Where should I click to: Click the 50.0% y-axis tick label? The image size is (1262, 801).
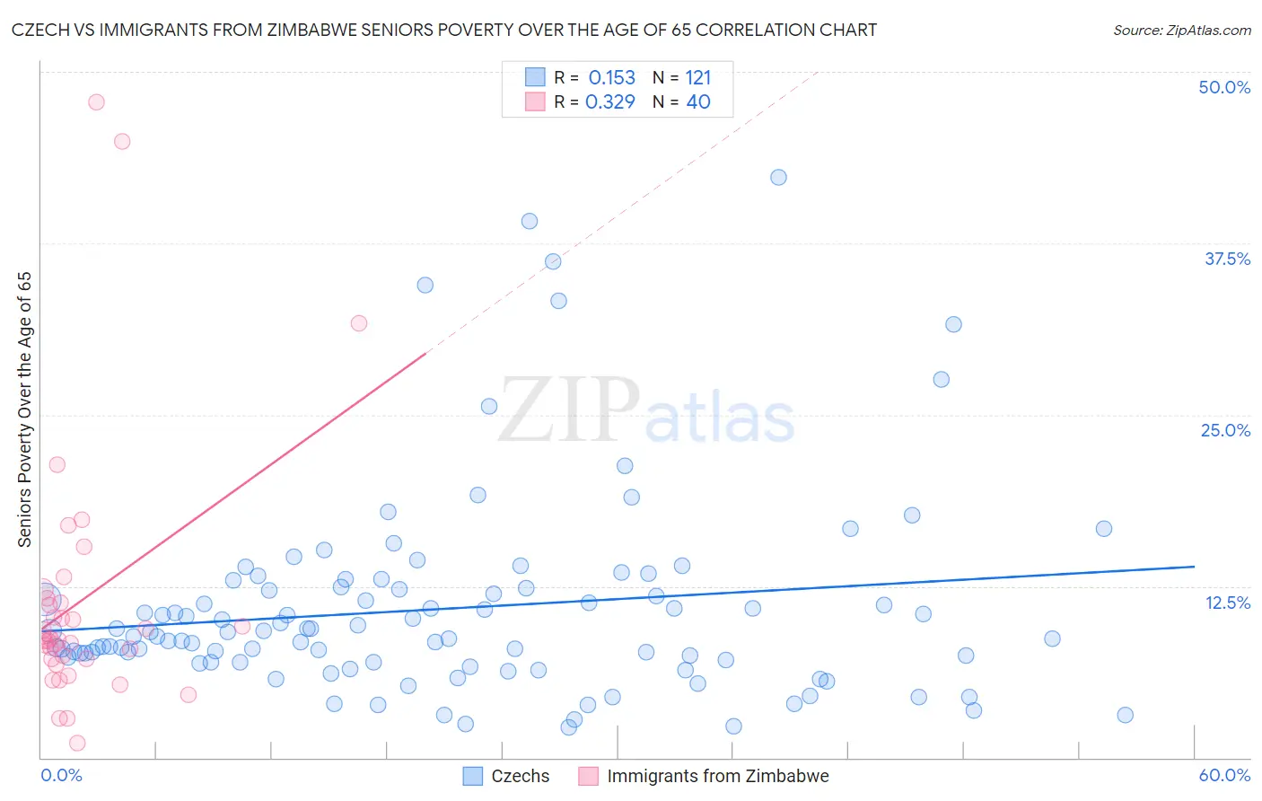tap(1223, 87)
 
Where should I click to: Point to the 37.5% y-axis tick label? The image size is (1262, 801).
tap(1226, 259)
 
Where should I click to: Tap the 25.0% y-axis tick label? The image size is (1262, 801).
tap(1224, 430)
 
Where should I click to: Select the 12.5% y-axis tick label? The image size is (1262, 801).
tap(1227, 603)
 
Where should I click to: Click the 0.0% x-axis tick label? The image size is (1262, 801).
tap(61, 775)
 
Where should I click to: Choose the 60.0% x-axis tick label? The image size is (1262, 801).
tap(1224, 775)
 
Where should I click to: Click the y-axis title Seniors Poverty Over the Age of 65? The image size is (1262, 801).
tap(25, 409)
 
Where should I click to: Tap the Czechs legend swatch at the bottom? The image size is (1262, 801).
tap(473, 776)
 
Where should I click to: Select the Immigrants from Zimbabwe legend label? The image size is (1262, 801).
tap(717, 776)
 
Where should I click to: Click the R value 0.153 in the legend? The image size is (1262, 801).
tap(611, 78)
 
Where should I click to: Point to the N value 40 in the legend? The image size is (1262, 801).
tap(697, 102)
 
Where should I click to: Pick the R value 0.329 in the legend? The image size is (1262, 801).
tap(609, 102)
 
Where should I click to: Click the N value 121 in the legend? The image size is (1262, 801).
tap(697, 78)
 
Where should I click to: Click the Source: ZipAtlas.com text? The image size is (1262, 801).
tap(1181, 31)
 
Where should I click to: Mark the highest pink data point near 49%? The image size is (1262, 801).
tap(96, 102)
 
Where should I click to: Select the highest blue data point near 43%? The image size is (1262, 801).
tap(778, 178)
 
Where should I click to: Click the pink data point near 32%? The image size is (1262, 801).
tap(359, 323)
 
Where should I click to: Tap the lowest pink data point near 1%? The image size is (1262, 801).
tap(77, 743)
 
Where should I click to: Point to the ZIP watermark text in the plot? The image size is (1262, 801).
tap(569, 410)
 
